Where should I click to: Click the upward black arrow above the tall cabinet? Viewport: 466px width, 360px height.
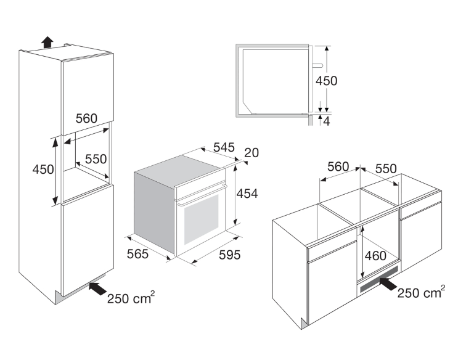(47, 42)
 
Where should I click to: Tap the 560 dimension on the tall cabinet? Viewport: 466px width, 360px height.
(86, 118)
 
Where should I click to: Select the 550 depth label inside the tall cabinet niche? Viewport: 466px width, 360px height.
(96, 159)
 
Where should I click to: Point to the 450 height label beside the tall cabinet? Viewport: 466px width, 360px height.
(43, 170)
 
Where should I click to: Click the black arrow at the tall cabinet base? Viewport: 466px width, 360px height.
(98, 288)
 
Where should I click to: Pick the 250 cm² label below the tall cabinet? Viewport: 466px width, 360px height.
(131, 298)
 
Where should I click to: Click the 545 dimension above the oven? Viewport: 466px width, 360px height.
(224, 147)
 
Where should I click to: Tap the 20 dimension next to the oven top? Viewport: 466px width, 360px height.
(251, 152)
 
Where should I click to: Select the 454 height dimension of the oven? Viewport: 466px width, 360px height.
(247, 194)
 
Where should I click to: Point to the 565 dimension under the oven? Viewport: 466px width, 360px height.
(137, 254)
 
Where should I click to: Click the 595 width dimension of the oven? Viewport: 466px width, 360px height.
(230, 255)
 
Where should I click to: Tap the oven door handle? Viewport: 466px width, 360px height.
(202, 195)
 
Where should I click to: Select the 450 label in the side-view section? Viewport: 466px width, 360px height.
(326, 81)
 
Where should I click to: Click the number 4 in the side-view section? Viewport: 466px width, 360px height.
(326, 121)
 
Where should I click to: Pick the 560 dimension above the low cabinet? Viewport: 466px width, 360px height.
(338, 167)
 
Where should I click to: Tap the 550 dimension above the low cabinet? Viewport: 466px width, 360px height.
(386, 168)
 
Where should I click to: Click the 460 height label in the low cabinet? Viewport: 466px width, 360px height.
(375, 256)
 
